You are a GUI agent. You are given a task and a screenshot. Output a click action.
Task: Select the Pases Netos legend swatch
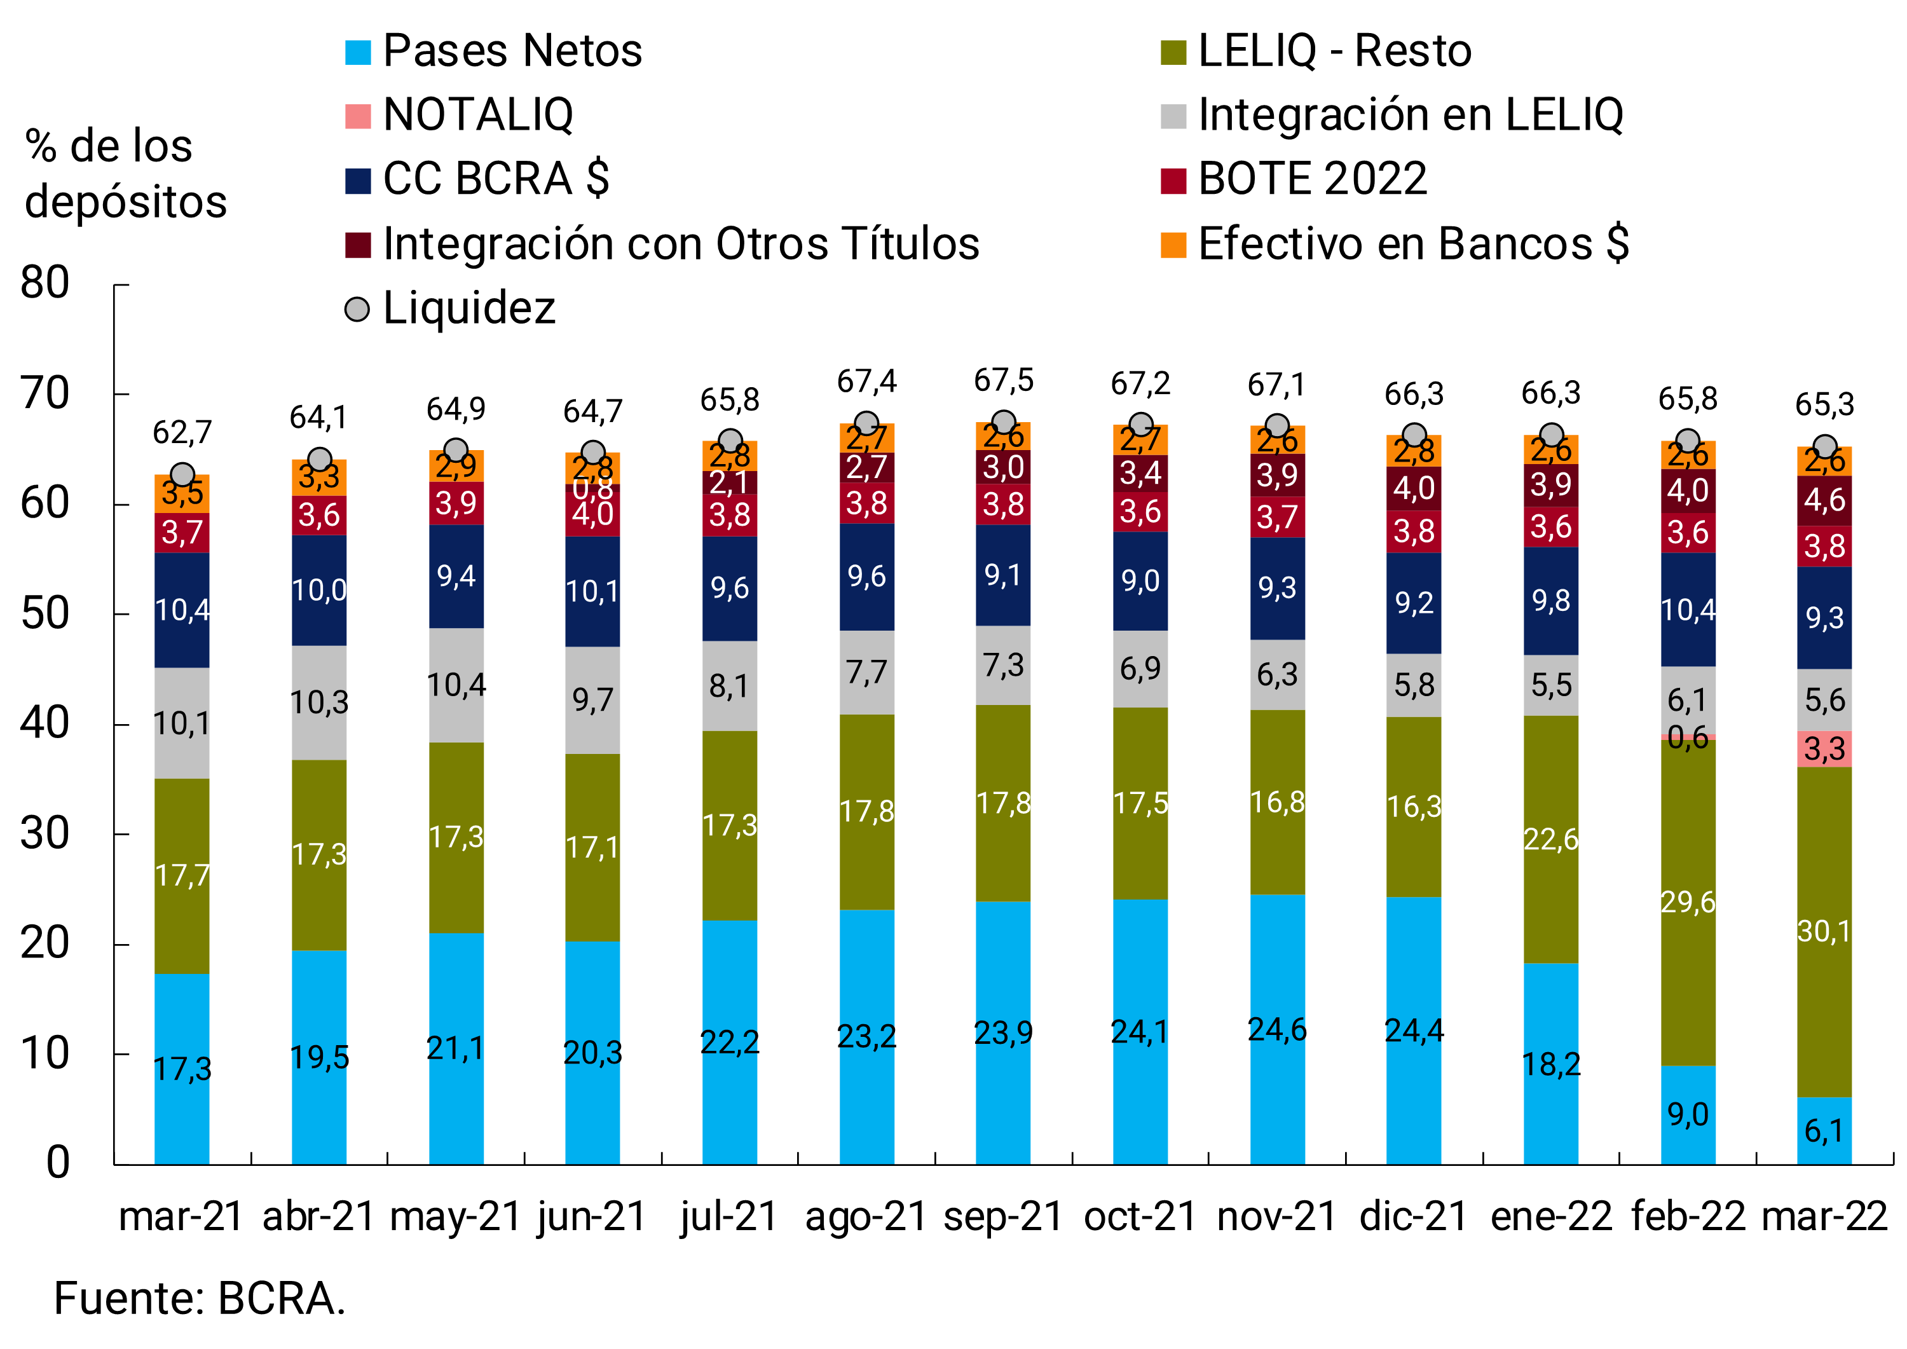tap(358, 51)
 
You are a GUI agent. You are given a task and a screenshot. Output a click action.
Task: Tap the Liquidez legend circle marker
tap(357, 310)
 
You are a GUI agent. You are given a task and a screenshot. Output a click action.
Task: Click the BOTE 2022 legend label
tap(1312, 179)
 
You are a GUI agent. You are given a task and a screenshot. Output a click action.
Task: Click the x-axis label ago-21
tap(866, 1217)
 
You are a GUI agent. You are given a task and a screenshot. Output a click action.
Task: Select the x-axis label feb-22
tap(1688, 1217)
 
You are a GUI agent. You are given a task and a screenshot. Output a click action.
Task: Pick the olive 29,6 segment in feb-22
tap(1688, 901)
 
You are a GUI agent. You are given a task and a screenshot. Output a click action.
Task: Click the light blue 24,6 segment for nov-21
tap(1278, 1030)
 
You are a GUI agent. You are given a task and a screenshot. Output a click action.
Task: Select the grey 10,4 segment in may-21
tap(456, 685)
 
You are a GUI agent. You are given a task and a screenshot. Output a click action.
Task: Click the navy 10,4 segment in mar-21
tap(182, 610)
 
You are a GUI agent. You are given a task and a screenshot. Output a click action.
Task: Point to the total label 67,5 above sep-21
tap(1003, 380)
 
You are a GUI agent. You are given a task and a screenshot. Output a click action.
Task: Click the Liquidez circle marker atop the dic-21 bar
tap(1414, 435)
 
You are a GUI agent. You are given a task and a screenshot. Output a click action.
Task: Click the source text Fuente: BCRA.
tap(200, 1298)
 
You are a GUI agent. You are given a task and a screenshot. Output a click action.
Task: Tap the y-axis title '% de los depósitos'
tap(125, 174)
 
